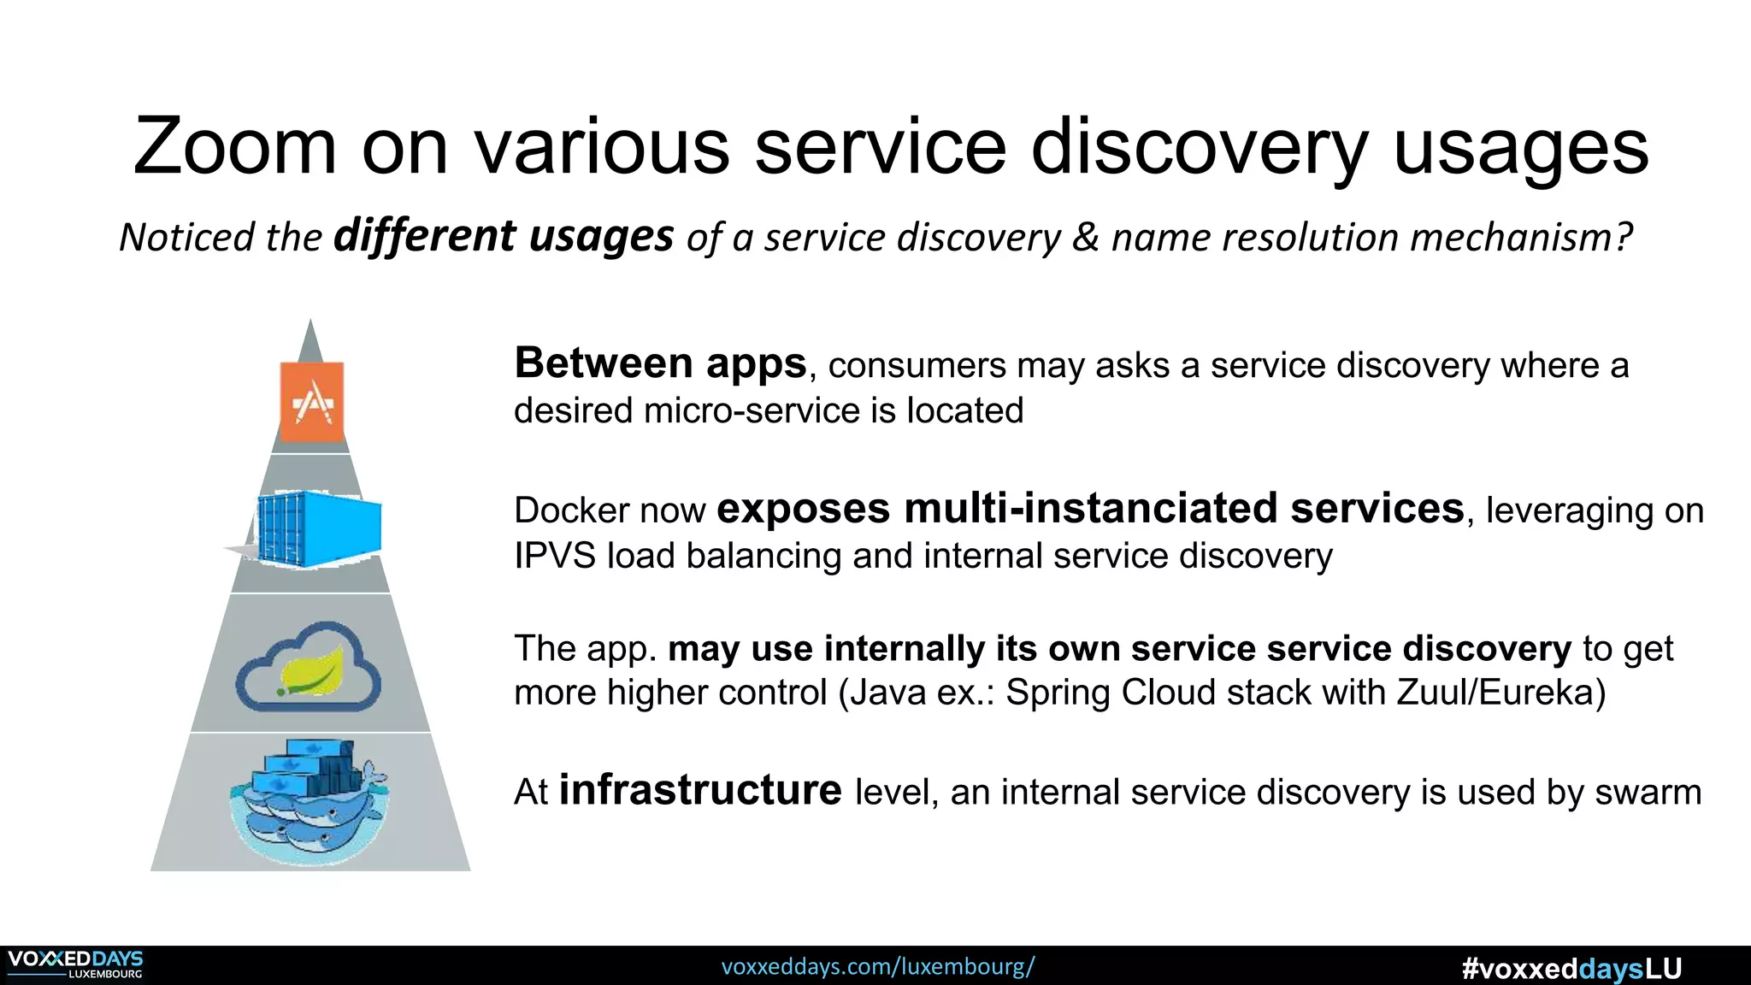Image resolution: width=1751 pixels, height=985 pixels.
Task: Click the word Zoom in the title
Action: (x=234, y=147)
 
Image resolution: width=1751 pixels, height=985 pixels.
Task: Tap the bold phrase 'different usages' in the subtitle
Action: (x=504, y=236)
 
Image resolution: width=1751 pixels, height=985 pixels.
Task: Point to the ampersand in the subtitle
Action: (x=1085, y=237)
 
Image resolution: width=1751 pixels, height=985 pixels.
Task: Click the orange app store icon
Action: (x=312, y=402)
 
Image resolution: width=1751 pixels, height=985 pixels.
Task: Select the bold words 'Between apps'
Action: (x=660, y=363)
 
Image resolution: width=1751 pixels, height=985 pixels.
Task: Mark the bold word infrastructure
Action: (x=699, y=790)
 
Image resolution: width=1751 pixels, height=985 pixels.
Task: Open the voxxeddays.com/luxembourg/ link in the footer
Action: (x=877, y=967)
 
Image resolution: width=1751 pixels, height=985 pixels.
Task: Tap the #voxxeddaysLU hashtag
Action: (x=1571, y=969)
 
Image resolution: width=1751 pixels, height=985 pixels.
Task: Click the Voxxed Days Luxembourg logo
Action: (x=75, y=964)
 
